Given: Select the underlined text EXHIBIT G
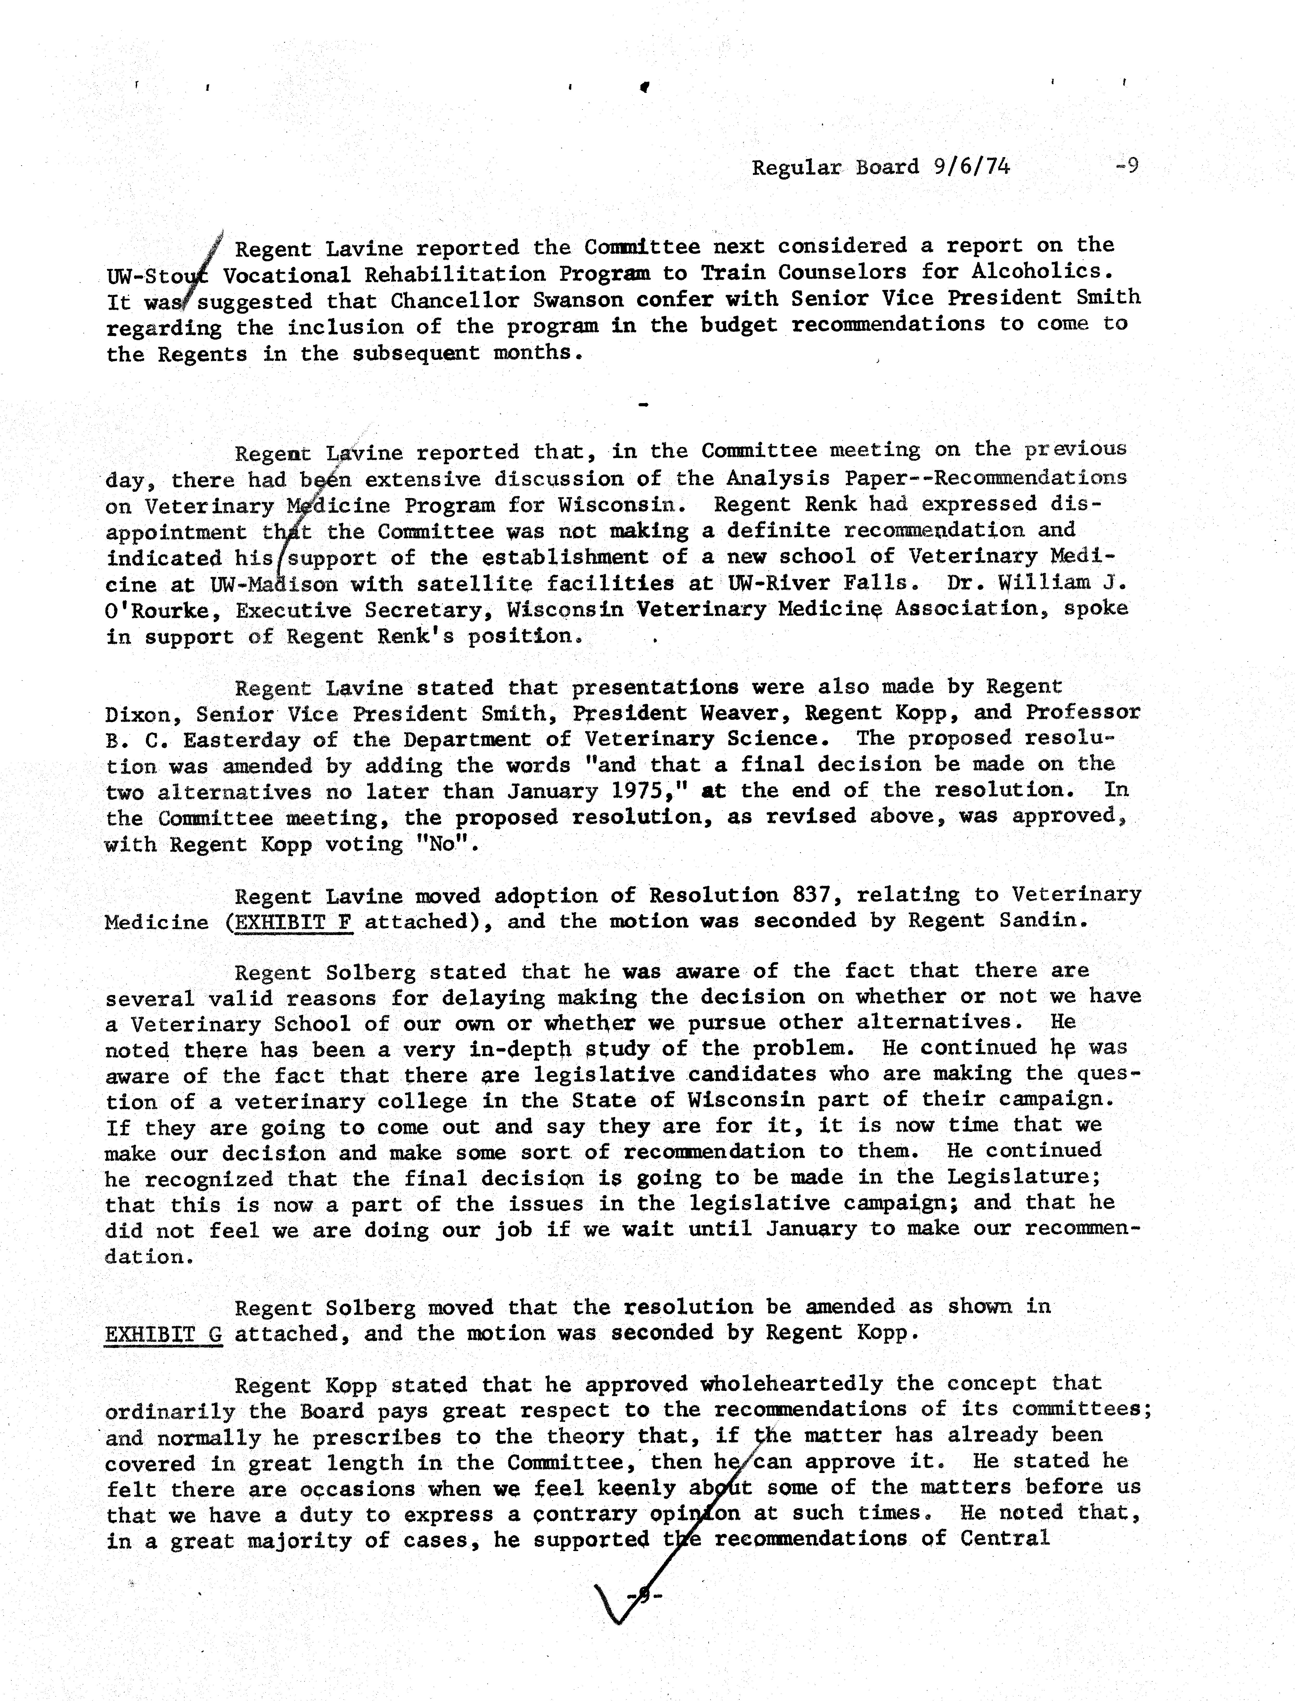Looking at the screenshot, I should click(x=163, y=1334).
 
